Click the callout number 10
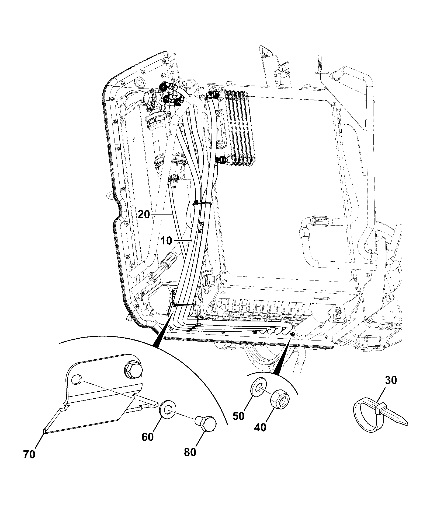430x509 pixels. [167, 240]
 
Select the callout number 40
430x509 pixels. [260, 427]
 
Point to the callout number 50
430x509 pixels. [238, 416]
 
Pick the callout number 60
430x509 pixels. [148, 437]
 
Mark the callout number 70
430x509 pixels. [29, 455]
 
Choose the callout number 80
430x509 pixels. [190, 452]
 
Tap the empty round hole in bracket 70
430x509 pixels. [77, 380]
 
